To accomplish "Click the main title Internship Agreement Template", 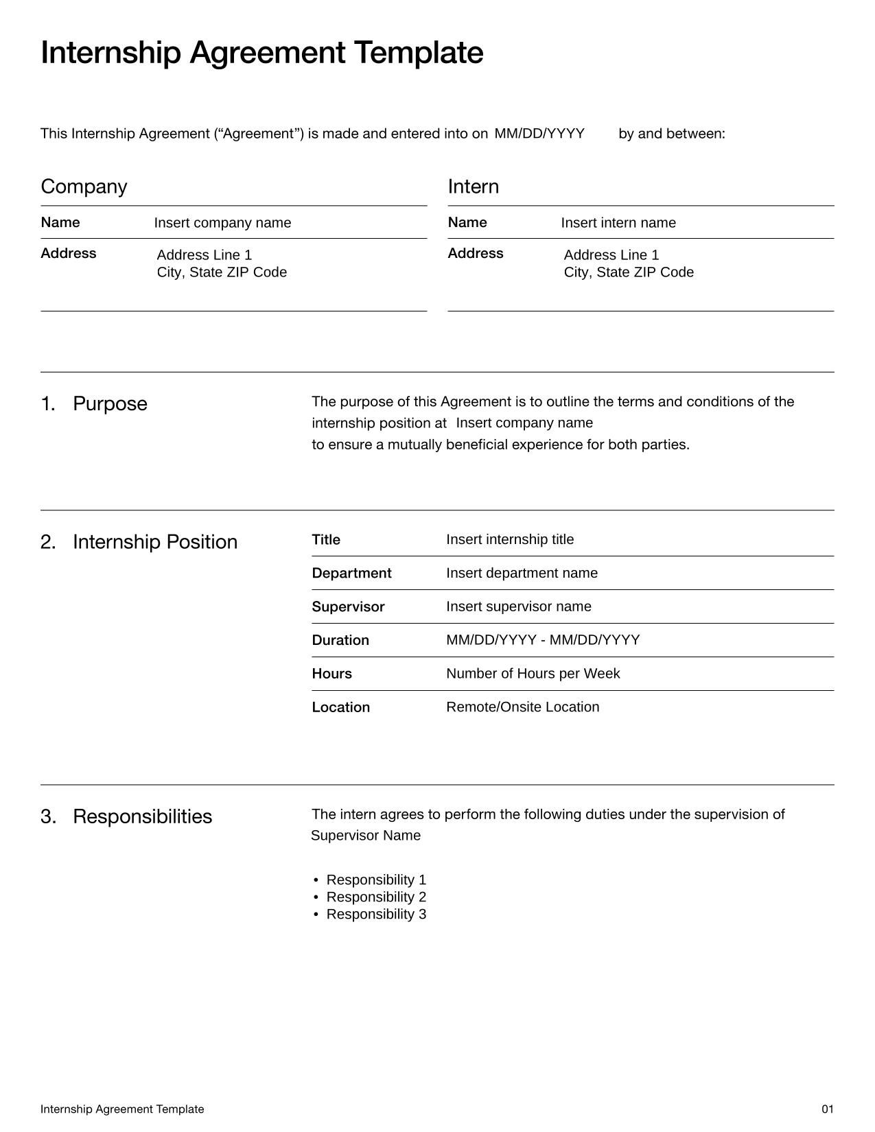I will coord(261,53).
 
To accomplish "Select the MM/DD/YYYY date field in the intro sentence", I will coord(539,134).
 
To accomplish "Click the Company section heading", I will coord(84,187).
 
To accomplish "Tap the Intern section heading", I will coord(473,187).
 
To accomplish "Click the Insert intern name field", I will coord(618,223).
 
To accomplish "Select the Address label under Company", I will coord(69,253).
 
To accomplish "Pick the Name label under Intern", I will coord(467,222).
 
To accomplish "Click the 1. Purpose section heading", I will coord(94,403).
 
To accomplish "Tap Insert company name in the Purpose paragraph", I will coord(524,423).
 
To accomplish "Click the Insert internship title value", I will coord(509,540).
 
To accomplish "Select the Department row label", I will coord(351,573).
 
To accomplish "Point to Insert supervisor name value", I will coord(518,606).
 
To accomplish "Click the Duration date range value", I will coord(542,640).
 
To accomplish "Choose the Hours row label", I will coord(331,674).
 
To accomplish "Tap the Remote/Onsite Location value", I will coord(522,707).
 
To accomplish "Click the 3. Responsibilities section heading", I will coord(126,816).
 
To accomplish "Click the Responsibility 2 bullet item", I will coord(375,897).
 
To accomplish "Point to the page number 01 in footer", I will coord(827,1109).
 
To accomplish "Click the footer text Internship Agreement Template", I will coord(122,1109).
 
